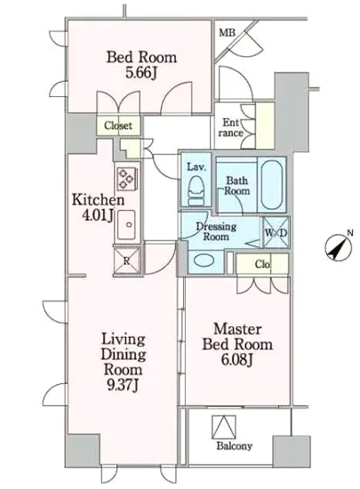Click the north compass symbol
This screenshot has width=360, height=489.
(338, 249)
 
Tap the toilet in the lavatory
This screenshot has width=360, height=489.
(196, 190)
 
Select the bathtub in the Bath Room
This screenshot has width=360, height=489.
(271, 185)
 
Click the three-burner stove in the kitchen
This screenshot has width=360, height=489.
(127, 179)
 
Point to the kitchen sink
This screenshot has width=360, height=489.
(126, 225)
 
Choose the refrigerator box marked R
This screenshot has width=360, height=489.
(127, 261)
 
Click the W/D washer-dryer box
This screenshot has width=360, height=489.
(276, 233)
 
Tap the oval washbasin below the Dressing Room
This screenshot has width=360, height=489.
(204, 260)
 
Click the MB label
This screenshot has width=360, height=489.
(227, 32)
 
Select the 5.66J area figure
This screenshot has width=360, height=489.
(140, 73)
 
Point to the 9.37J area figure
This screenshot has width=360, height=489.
(123, 386)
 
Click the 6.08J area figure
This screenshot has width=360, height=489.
(236, 360)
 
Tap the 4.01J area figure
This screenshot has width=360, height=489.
(98, 215)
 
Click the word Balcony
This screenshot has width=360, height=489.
(235, 446)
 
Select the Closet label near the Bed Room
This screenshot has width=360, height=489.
(118, 125)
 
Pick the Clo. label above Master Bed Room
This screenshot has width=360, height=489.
(262, 264)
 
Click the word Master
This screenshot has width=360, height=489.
(237, 329)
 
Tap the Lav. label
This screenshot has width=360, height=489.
(196, 167)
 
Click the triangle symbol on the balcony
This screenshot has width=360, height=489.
(224, 428)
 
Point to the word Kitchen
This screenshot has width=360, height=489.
(98, 200)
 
